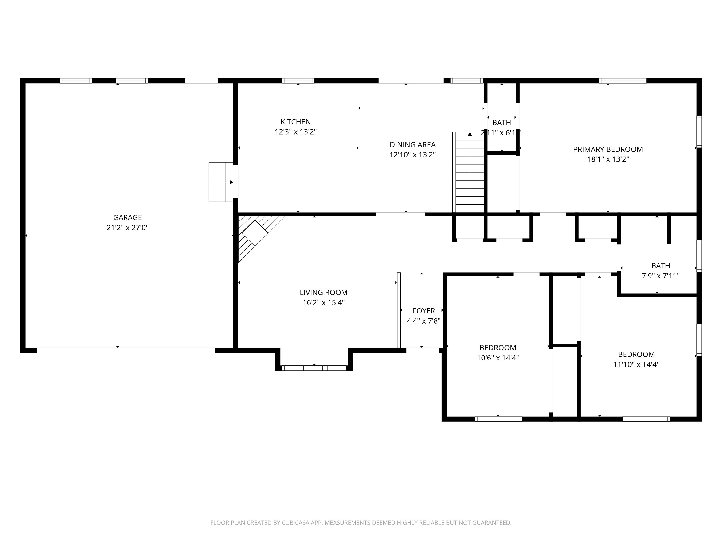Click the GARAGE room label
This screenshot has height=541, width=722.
pyautogui.click(x=127, y=217)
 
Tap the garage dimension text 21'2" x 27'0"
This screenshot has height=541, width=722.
pyautogui.click(x=127, y=228)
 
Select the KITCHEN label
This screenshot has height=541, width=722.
pyautogui.click(x=295, y=122)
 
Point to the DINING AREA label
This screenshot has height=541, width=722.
pyautogui.click(x=412, y=144)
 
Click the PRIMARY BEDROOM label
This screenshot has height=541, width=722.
pyautogui.click(x=608, y=149)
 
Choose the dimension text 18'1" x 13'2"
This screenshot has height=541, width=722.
pyautogui.click(x=608, y=159)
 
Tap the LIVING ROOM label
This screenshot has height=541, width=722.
pyautogui.click(x=323, y=293)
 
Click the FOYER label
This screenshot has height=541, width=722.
pyautogui.click(x=424, y=311)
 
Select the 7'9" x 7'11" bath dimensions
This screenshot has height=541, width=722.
pyautogui.click(x=661, y=276)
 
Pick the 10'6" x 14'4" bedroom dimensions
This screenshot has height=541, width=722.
pyautogui.click(x=498, y=358)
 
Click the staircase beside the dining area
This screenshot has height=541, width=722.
pyautogui.click(x=469, y=173)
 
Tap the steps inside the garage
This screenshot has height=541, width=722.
pyautogui.click(x=221, y=182)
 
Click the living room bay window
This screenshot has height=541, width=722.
pyautogui.click(x=314, y=368)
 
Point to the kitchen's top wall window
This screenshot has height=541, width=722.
pyautogui.click(x=298, y=81)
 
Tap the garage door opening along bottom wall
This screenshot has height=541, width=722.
pyautogui.click(x=126, y=350)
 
